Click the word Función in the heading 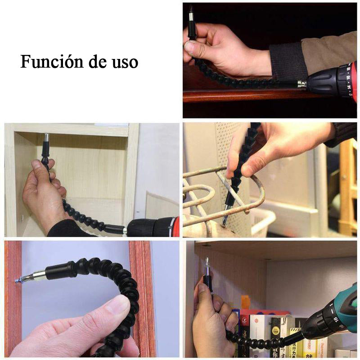click(x=52, y=62)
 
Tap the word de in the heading click(x=98, y=62)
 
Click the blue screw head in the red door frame click(x=17, y=280)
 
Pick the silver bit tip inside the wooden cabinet click(x=47, y=138)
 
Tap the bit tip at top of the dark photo click(x=191, y=13)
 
